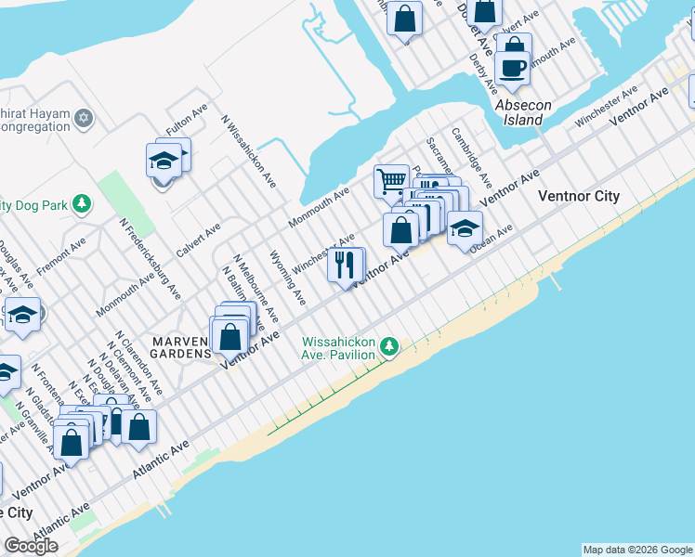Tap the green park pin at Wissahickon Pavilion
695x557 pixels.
pos(389,347)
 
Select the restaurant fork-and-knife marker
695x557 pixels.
pos(344,265)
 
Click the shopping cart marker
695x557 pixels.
pos(391,179)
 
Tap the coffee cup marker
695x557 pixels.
pos(512,67)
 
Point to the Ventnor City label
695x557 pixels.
pos(579,196)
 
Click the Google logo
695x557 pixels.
pos(31,546)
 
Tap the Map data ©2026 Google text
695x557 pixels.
pos(637,550)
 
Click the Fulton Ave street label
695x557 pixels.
pos(187,122)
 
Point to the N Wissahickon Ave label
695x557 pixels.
pos(248,149)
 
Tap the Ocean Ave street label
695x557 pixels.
pos(491,240)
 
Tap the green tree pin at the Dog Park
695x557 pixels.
pos(83,202)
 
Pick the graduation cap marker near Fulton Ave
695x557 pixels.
pos(164,161)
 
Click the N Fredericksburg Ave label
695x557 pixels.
pos(150,260)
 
